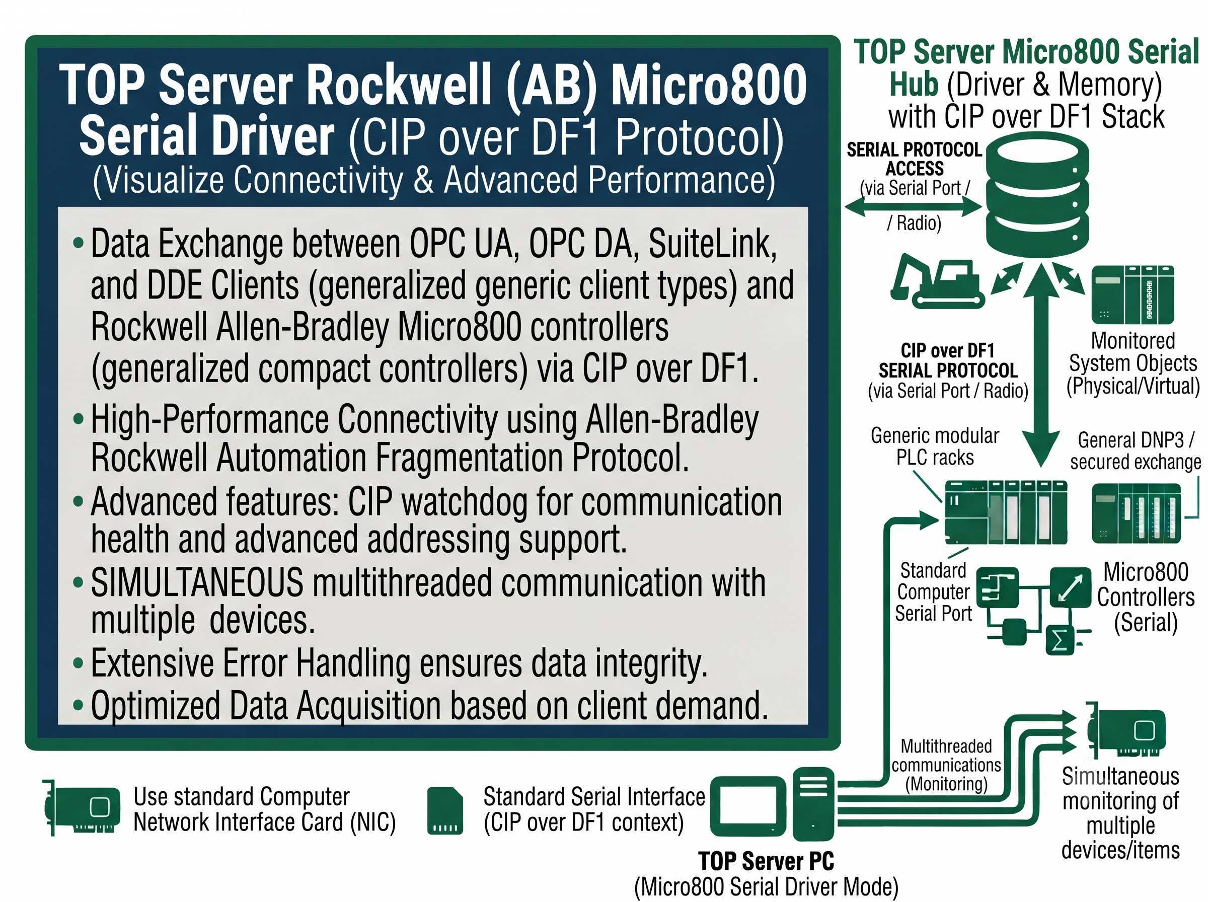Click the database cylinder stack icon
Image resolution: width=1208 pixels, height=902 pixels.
click(x=1037, y=194)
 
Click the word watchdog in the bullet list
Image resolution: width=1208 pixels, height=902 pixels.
click(x=464, y=502)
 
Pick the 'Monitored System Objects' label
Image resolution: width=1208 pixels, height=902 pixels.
click(x=1133, y=363)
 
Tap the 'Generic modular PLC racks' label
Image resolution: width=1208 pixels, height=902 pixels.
click(x=935, y=446)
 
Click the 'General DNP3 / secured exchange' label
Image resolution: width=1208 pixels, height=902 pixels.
click(x=1136, y=450)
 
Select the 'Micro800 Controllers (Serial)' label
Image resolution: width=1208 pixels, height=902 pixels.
click(x=1145, y=597)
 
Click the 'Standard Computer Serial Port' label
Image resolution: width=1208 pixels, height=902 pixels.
click(x=933, y=592)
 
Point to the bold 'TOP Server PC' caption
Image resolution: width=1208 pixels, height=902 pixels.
click(x=767, y=861)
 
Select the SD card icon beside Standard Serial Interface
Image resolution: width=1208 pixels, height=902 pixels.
click(x=445, y=810)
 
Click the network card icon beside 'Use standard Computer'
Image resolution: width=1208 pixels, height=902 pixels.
click(x=82, y=807)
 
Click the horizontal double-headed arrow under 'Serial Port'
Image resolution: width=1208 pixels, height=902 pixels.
click(x=913, y=206)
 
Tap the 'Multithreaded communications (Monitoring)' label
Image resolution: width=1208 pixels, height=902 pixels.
click(x=946, y=765)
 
